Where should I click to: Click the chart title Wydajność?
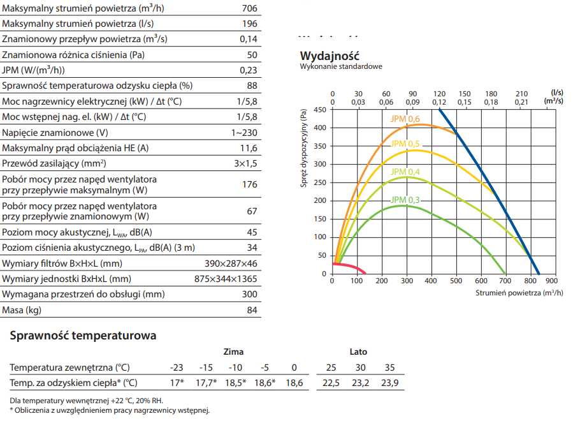point(330,56)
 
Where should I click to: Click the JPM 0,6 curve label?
point(405,119)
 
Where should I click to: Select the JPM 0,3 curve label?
point(405,200)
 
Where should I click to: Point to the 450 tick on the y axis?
point(320,110)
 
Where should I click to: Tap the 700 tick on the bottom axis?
point(505,281)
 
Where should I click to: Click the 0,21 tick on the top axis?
point(521,102)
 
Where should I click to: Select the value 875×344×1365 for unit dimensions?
point(226,279)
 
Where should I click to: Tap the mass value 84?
point(252,311)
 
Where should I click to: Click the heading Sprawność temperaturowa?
point(83,336)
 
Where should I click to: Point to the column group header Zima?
point(233,352)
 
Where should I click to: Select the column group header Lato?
point(358,352)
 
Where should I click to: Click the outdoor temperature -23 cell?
point(177,367)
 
